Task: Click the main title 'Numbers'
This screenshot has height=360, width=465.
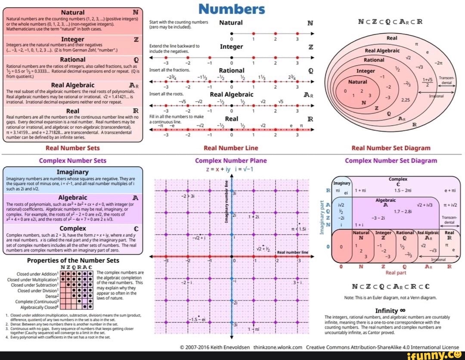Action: pos(232,9)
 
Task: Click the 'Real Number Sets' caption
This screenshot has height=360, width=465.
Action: pos(72,148)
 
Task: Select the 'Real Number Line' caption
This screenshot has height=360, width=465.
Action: pos(231,148)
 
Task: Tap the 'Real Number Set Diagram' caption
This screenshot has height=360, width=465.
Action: pos(391,148)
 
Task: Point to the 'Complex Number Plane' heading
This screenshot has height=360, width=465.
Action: pos(231,160)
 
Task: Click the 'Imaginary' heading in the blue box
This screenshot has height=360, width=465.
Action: pos(72,171)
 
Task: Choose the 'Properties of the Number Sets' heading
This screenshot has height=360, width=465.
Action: pos(73,260)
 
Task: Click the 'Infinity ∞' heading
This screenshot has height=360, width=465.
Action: pos(390,310)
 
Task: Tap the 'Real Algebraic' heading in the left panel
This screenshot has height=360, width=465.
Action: pos(72,85)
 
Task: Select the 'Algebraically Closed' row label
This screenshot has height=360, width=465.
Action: pos(39,307)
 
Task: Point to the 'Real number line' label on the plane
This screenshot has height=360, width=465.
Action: pos(293,252)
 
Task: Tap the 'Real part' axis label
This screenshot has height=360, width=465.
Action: pos(396,273)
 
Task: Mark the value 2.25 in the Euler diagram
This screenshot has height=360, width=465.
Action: pos(417,99)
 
